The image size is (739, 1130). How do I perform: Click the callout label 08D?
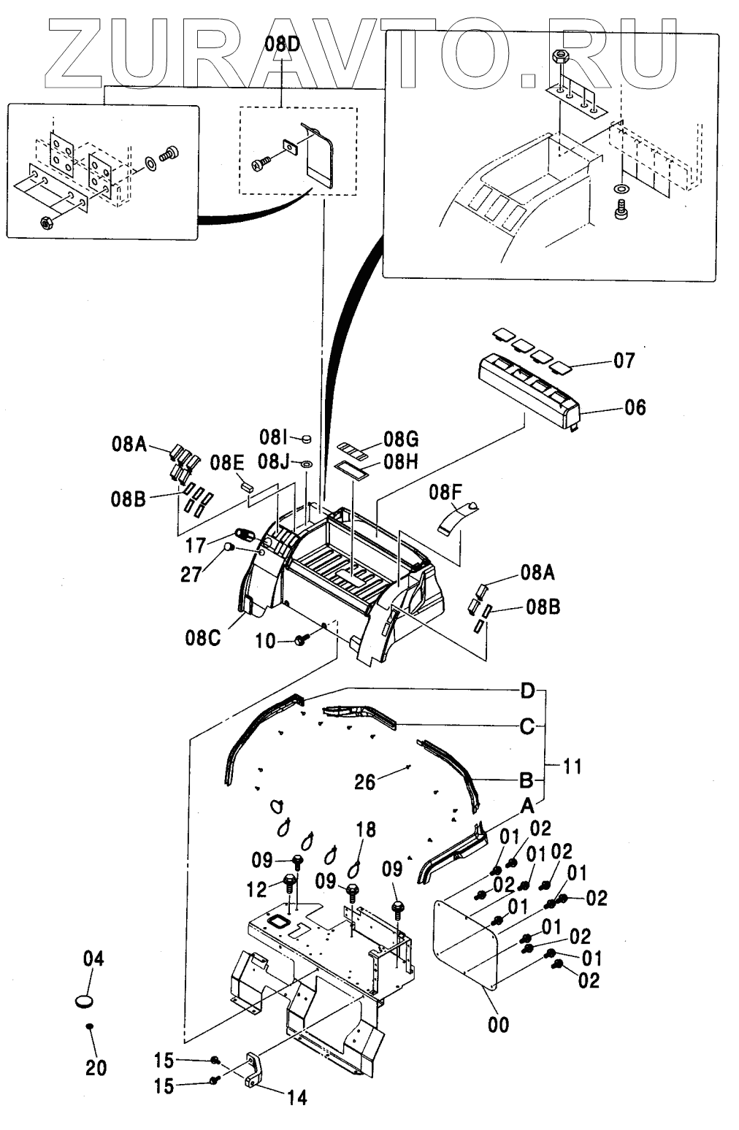(x=282, y=45)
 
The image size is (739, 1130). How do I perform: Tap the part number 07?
(x=624, y=361)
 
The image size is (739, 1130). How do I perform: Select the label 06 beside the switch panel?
(x=635, y=407)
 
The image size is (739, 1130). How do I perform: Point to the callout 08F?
(x=445, y=492)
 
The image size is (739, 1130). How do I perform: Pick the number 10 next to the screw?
(x=266, y=641)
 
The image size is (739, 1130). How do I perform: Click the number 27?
(x=192, y=575)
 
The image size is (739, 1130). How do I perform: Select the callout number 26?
(x=364, y=782)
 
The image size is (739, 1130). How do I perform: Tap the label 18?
(x=366, y=829)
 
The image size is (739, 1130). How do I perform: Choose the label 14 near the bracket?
(x=296, y=1096)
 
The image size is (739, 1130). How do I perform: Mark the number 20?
(x=96, y=1068)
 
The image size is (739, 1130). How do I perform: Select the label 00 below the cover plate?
(x=499, y=1024)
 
